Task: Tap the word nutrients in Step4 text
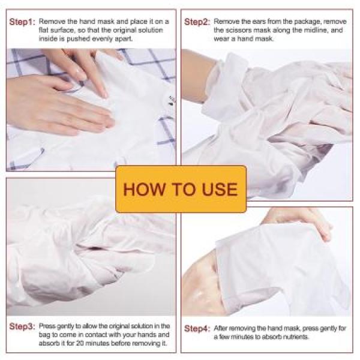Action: (291, 337)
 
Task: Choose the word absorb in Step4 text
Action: (265, 337)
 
